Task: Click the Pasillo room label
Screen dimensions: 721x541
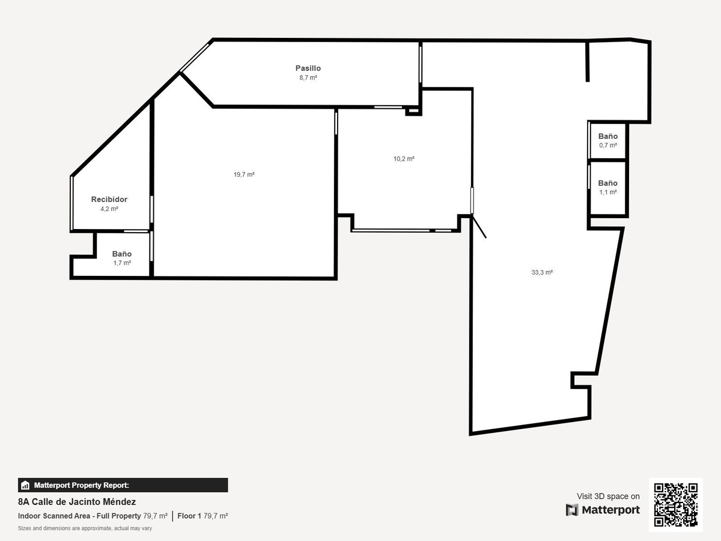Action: (308, 68)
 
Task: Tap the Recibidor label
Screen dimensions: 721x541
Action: (109, 199)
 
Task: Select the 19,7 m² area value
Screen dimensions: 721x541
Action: (244, 174)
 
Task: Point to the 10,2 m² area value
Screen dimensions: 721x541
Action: (404, 159)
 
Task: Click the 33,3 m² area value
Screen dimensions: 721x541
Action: (542, 272)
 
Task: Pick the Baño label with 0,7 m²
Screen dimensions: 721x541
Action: (607, 136)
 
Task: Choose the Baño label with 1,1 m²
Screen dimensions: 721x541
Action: (607, 183)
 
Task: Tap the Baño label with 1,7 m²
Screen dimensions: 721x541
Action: (121, 254)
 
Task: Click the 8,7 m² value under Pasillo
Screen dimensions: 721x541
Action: (308, 78)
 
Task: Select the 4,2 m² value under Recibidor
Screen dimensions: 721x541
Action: (109, 209)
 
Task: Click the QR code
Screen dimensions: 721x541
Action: (676, 504)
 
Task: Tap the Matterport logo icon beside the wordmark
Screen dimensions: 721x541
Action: (572, 510)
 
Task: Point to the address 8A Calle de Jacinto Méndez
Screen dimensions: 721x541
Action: (77, 501)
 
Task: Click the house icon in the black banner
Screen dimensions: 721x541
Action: (25, 485)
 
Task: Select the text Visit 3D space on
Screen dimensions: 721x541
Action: (608, 496)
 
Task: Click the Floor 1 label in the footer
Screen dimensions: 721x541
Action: (189, 516)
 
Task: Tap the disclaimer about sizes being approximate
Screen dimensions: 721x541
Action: (85, 528)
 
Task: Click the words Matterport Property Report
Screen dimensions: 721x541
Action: (82, 485)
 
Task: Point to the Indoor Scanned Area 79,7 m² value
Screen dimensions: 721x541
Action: (155, 516)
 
